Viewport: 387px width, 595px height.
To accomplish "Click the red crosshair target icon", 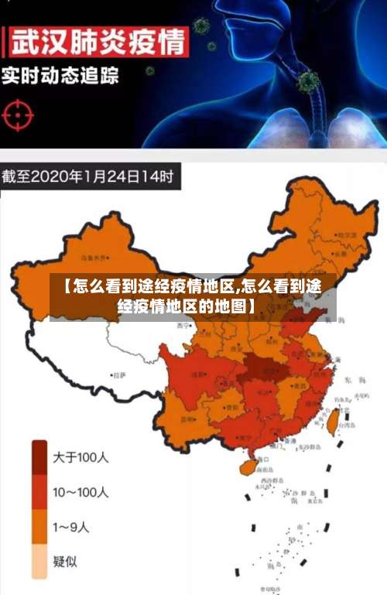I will pos(19,114).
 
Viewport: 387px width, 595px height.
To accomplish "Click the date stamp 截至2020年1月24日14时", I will pos(90,176).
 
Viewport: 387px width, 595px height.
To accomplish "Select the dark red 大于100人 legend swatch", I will pos(39,457).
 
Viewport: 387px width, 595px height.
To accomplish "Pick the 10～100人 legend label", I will pos(80,492).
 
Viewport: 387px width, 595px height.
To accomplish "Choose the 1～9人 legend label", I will pos(71,528).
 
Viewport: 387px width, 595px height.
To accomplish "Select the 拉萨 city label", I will pos(118,374).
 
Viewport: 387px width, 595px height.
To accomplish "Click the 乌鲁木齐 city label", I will pos(96,258).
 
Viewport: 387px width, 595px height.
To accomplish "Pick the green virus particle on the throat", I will pos(307,81).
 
